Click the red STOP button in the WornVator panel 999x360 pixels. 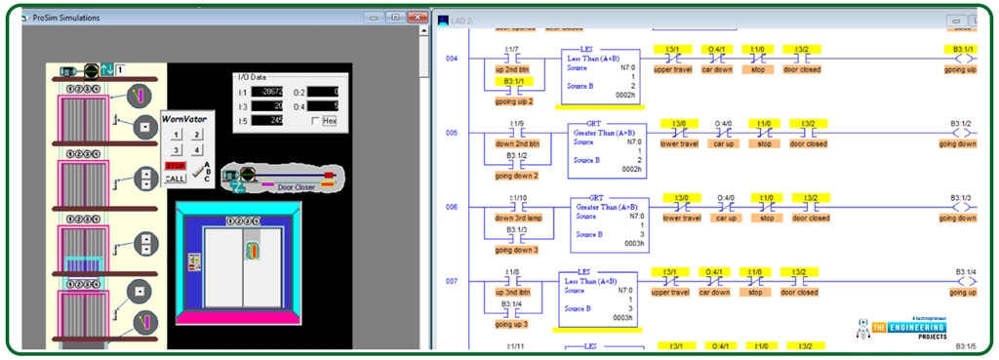click(175, 167)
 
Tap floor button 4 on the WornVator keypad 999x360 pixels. click(197, 150)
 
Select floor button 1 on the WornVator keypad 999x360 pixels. click(176, 136)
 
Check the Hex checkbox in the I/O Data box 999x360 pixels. click(315, 120)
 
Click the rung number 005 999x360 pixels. click(451, 132)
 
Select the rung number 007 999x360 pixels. click(451, 281)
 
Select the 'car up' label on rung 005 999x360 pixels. click(725, 143)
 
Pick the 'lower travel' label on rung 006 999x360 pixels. click(681, 218)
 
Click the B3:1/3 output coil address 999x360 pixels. click(961, 197)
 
